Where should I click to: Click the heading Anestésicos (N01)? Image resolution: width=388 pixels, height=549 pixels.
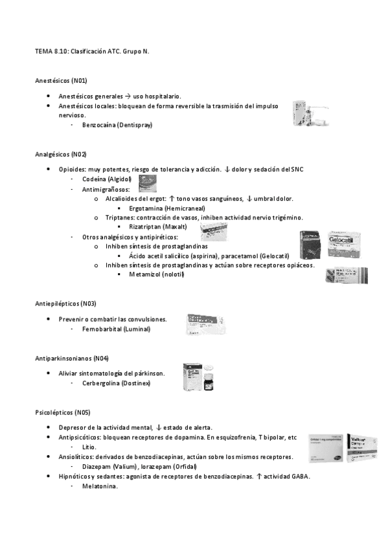pos(61,80)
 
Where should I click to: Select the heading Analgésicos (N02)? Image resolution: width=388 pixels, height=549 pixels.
pos(60,154)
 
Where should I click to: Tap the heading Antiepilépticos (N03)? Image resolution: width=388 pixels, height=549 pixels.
pos(66,303)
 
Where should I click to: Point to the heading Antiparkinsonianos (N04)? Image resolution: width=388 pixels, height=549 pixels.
pos(71,358)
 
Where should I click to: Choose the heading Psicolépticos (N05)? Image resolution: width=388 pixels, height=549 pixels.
pos(63,412)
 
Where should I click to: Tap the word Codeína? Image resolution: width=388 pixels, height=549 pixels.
pos(95,179)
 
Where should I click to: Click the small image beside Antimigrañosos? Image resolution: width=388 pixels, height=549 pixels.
pos(148,188)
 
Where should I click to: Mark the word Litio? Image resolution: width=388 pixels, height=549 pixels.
pos(89,447)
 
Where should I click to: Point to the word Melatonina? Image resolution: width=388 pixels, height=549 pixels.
pos(100,487)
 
